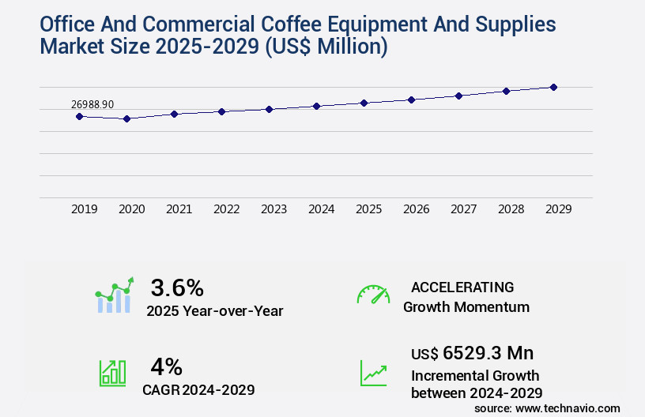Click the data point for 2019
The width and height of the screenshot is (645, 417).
[79, 116]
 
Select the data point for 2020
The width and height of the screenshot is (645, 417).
[126, 118]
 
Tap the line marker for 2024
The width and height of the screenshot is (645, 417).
[316, 106]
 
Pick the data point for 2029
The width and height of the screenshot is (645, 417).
[553, 87]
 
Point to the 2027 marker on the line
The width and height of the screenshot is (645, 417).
[458, 96]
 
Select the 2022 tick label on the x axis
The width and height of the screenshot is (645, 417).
[226, 209]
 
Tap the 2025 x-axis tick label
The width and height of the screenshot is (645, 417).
[368, 209]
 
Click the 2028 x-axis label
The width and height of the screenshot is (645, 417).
[511, 209]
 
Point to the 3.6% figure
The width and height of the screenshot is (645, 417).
[177, 287]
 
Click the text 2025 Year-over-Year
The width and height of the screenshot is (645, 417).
[214, 310]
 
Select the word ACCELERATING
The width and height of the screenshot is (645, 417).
[462, 287]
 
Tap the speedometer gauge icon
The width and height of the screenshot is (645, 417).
[373, 295]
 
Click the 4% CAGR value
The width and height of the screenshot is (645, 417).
[167, 366]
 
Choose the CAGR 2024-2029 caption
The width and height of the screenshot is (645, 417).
[198, 389]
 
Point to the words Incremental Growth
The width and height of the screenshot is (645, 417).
[475, 375]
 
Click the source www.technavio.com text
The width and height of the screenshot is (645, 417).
[547, 408]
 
